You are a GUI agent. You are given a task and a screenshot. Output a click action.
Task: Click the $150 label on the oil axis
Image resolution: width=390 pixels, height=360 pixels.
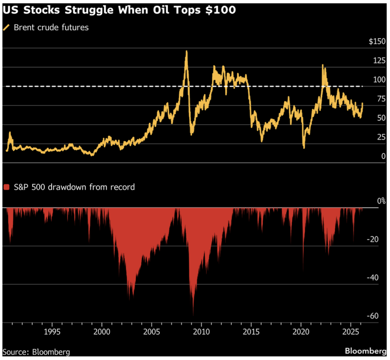pos(377,42)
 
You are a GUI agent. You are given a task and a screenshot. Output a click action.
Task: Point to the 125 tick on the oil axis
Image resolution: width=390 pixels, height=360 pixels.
pos(379,61)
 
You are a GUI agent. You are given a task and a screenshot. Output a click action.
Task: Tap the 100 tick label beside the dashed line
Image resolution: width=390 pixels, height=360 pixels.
pos(379,80)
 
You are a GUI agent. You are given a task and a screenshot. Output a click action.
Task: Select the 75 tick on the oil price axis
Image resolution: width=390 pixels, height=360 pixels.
pos(381,99)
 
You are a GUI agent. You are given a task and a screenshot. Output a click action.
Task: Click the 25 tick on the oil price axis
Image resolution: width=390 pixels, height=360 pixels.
pos(381,137)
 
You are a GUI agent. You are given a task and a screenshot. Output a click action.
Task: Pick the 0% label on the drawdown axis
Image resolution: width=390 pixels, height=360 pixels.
pos(381,201)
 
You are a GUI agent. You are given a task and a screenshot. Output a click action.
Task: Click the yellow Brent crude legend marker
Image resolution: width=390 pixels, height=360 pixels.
pos(6,27)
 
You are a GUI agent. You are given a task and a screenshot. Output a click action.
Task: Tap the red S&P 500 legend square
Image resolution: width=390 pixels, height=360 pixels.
pos(6,187)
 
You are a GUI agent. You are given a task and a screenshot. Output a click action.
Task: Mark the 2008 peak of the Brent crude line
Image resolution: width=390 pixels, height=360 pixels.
pos(186,51)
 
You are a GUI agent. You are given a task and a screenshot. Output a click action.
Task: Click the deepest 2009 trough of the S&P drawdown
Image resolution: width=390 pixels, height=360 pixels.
pos(193,315)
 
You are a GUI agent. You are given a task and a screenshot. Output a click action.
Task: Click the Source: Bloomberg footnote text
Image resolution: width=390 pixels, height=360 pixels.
pos(36,351)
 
